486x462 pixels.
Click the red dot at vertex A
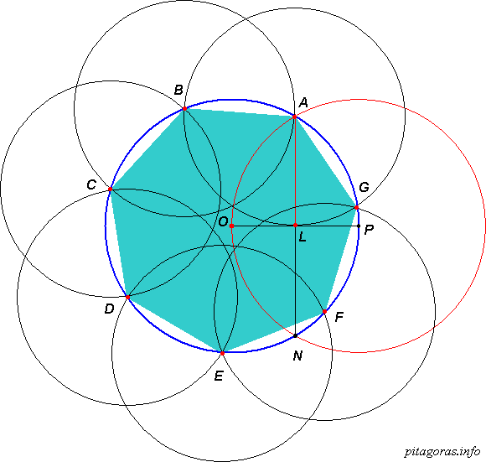click(294, 117)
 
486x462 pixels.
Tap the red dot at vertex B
click(184, 108)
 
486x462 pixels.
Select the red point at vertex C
click(110, 189)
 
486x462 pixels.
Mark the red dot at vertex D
click(127, 297)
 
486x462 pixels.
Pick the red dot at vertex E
click(222, 353)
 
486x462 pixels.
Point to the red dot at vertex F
click(324, 311)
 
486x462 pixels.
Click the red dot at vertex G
click(356, 207)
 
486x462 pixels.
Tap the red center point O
click(231, 226)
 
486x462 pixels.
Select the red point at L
click(296, 225)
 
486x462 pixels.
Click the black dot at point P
click(359, 226)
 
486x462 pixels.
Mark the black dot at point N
click(296, 335)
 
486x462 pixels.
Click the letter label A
click(303, 102)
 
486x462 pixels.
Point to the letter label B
click(178, 90)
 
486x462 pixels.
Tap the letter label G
click(364, 187)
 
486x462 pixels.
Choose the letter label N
click(297, 356)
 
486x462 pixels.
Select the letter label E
click(219, 376)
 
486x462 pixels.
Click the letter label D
click(110, 309)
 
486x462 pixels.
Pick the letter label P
click(370, 230)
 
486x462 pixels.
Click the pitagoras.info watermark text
click(442, 452)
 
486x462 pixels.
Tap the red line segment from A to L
click(295, 171)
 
